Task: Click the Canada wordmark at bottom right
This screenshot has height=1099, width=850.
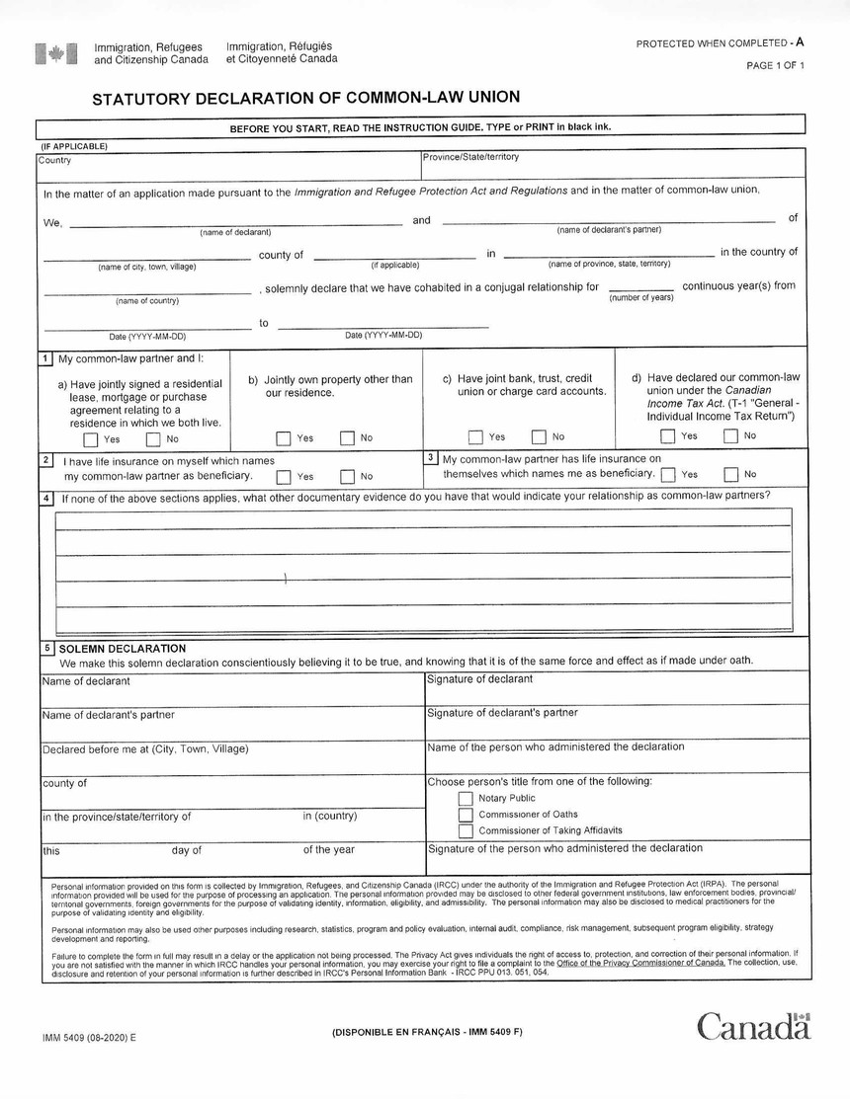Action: click(x=753, y=1027)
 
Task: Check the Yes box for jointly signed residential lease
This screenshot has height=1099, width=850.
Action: click(x=91, y=439)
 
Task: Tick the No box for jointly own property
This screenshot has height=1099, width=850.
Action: click(x=347, y=438)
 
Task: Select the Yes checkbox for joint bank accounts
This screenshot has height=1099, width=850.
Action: click(x=475, y=437)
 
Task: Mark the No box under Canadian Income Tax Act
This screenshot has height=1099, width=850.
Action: click(x=730, y=436)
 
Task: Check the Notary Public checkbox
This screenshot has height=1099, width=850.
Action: click(x=466, y=799)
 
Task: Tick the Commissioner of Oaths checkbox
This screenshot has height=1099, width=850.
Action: click(x=466, y=815)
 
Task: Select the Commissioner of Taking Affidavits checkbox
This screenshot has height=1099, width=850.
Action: click(x=466, y=831)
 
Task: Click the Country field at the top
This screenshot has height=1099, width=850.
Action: click(x=227, y=166)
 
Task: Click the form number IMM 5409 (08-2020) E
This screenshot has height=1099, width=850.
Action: click(x=89, y=1037)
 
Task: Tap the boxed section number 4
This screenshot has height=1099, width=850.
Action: click(x=46, y=498)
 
